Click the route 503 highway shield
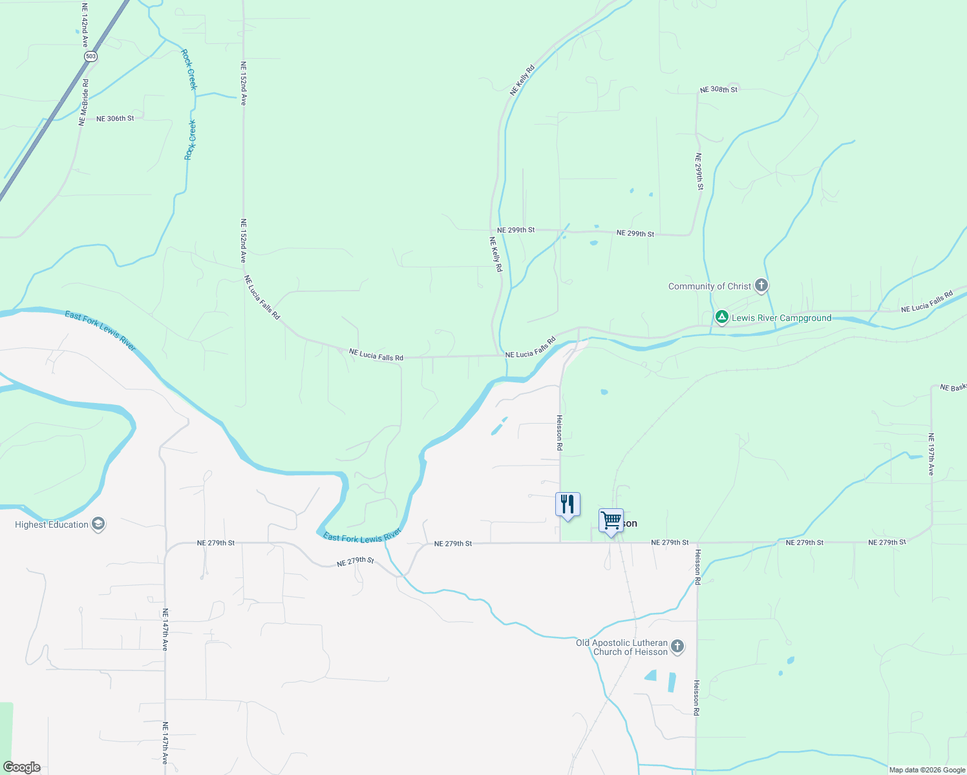[90, 57]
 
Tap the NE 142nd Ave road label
[85, 25]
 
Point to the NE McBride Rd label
[83, 102]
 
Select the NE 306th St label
[115, 119]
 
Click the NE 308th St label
[718, 90]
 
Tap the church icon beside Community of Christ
[761, 285]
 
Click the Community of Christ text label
[710, 286]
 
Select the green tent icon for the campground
[722, 317]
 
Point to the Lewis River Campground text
[781, 318]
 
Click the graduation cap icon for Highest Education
[98, 524]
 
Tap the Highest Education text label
[52, 524]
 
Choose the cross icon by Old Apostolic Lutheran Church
[677, 646]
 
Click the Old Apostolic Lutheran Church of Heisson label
[622, 647]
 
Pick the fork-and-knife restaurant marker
[568, 504]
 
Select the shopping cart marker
[611, 521]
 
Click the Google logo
[22, 767]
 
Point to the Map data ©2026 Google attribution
[927, 770]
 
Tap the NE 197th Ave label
[931, 454]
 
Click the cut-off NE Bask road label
[953, 387]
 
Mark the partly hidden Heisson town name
[630, 523]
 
